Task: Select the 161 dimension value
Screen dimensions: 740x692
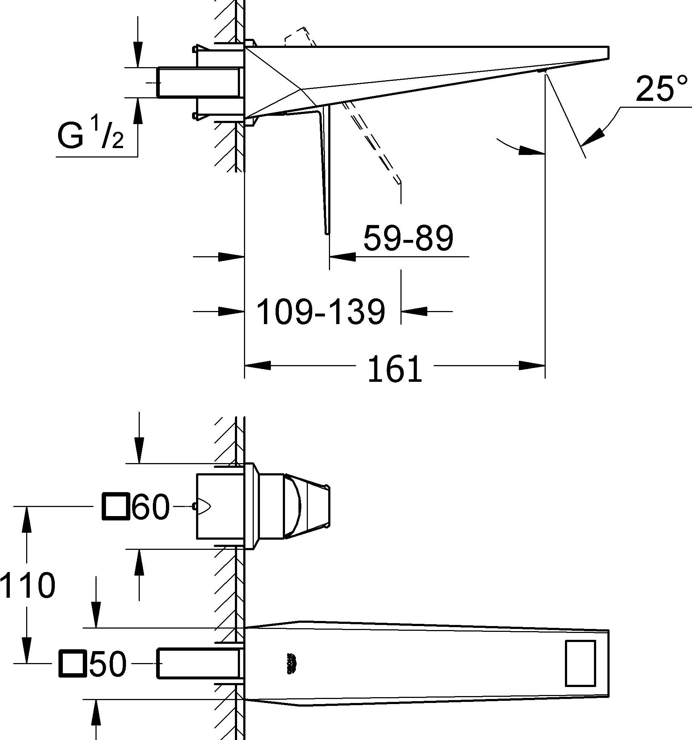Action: (x=395, y=369)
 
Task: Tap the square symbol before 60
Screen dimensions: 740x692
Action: (x=115, y=506)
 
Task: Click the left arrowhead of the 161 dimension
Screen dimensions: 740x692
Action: (x=257, y=365)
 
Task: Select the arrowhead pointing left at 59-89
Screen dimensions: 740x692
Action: (x=342, y=257)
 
